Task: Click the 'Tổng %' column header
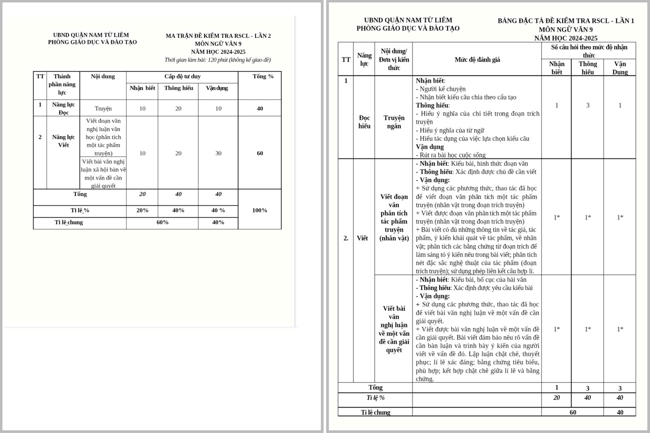[x=263, y=76]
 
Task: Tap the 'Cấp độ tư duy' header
[x=182, y=76]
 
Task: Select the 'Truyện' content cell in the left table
[x=103, y=109]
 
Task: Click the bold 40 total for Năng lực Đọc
[x=260, y=109]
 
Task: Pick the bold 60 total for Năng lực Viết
[x=260, y=153]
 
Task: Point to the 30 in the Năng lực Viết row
[x=218, y=153]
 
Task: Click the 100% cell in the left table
[x=260, y=210]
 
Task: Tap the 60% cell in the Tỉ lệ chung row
[x=162, y=222]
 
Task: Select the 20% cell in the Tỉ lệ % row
[x=142, y=210]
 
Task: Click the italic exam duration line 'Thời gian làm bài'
[x=217, y=60]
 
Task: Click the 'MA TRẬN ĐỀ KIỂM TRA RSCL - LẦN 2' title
[x=218, y=36]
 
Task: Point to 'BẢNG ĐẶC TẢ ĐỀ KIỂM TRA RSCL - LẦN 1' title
[x=566, y=21]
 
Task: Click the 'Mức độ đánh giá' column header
[x=477, y=60]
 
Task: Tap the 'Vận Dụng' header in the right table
[x=620, y=68]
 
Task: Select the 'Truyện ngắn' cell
[x=394, y=122]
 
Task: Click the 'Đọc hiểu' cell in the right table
[x=364, y=122]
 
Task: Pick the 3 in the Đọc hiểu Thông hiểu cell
[x=588, y=105]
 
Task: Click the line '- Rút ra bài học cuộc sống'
[x=450, y=155]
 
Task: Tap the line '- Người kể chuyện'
[x=441, y=89]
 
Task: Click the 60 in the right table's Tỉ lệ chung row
[x=573, y=413]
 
